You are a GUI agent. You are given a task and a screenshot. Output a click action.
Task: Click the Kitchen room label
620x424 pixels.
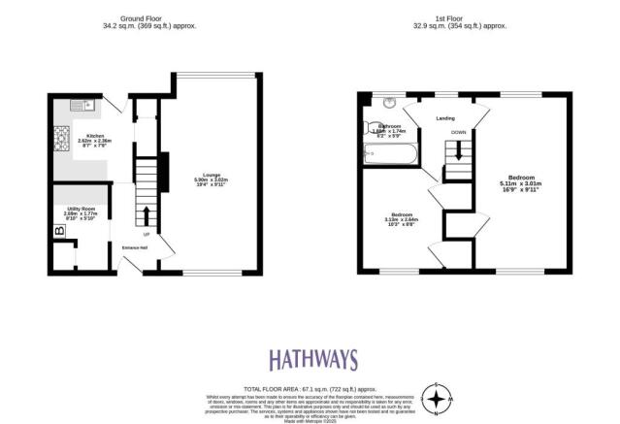point(95,135)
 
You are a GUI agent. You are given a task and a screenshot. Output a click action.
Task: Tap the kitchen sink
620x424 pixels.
point(81,104)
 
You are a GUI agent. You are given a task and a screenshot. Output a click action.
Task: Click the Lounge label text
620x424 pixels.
point(211,174)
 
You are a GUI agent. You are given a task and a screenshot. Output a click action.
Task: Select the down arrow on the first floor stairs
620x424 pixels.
point(454,154)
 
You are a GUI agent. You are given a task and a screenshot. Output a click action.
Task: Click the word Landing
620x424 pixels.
point(445,119)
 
